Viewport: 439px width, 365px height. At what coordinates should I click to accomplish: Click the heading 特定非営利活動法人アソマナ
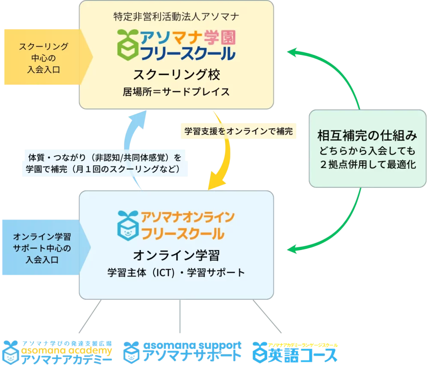177,17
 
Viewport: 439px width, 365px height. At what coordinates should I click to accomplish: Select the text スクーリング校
177,75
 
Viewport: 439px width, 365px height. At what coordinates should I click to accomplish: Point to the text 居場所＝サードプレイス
177,92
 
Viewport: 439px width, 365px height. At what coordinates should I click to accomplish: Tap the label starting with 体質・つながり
105,163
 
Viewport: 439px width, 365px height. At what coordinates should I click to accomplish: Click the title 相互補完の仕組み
367,136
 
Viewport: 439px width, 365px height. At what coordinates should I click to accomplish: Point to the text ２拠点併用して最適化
367,165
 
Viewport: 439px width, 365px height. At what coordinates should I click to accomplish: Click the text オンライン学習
177,256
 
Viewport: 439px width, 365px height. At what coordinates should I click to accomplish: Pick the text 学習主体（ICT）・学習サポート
177,273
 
